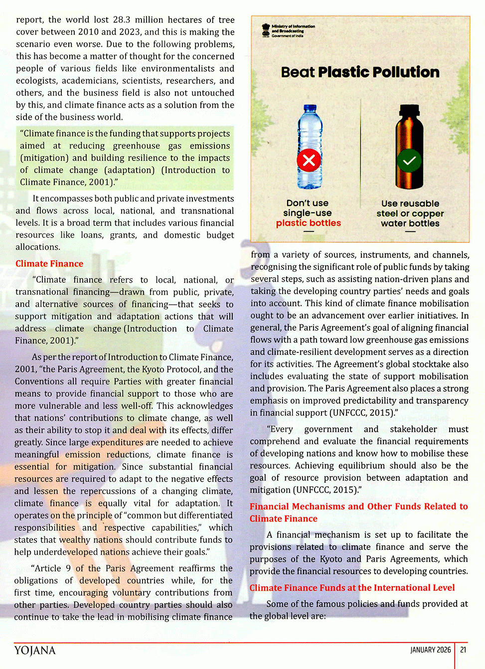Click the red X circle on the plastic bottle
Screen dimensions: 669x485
(x=309, y=161)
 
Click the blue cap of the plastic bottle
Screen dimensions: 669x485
(x=310, y=109)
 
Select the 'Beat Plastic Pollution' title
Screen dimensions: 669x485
(x=360, y=72)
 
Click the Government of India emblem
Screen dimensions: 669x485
(x=266, y=30)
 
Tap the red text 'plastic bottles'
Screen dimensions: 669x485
(x=309, y=223)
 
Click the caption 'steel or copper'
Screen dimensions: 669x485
(x=410, y=213)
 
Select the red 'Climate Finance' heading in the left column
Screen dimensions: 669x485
(x=49, y=264)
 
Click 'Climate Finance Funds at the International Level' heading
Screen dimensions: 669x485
(x=352, y=588)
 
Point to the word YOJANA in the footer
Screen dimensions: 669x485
(x=35, y=650)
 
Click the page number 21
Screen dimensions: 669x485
(x=463, y=650)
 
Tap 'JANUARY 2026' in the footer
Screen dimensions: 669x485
(x=430, y=650)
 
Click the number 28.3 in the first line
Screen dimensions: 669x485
(x=122, y=20)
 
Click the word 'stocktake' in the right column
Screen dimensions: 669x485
(x=433, y=364)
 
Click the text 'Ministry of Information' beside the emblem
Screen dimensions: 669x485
(x=293, y=26)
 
